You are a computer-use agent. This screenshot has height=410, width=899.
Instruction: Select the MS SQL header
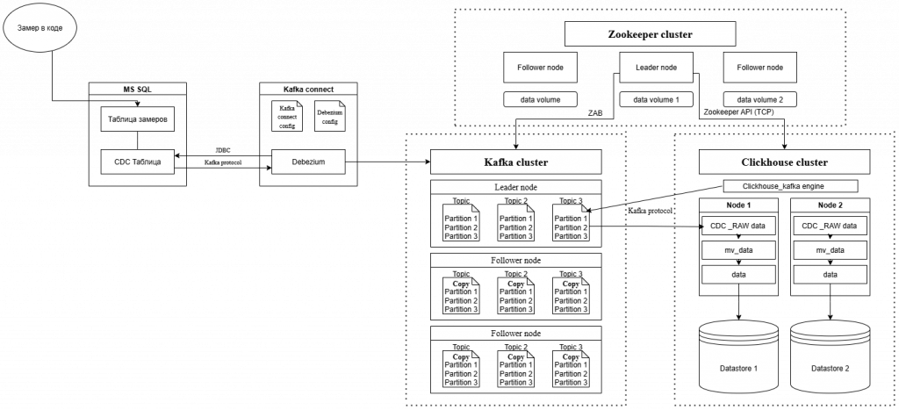(x=138, y=89)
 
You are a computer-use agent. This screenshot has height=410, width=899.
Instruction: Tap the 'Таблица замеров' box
(x=138, y=119)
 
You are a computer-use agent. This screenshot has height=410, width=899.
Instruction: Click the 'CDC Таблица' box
(x=138, y=162)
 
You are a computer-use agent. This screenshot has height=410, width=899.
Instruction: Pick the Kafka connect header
(x=308, y=89)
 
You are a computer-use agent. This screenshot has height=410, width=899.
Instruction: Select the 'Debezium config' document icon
(x=329, y=117)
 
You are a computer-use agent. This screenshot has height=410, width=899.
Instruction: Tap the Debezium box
(x=308, y=162)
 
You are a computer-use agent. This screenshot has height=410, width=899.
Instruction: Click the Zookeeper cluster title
(x=650, y=35)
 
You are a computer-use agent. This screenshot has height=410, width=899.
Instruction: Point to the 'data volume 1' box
(x=656, y=99)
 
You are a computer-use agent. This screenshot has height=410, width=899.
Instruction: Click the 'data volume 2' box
(x=759, y=99)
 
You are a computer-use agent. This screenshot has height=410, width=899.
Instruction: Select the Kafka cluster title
(x=515, y=162)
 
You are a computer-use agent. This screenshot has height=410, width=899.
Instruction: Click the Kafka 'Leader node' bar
(x=515, y=187)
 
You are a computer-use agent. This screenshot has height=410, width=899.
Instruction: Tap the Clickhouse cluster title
(x=784, y=162)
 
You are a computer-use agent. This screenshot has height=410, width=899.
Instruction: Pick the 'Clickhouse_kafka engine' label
(x=784, y=186)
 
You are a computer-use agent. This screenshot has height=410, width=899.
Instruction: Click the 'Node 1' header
(x=738, y=205)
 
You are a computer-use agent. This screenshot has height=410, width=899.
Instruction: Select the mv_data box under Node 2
(x=830, y=250)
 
